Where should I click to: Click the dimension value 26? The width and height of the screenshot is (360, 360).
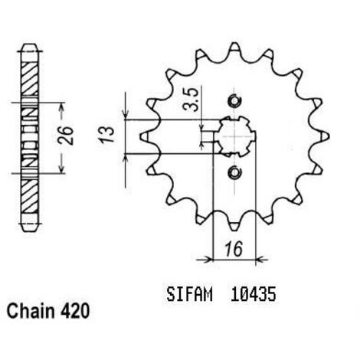(x=66, y=135)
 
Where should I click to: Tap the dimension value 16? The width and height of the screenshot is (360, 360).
(x=234, y=249)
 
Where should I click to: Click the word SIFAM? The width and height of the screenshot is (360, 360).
(x=189, y=294)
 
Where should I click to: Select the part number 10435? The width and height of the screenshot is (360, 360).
(x=254, y=294)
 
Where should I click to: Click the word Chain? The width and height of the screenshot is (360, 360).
(x=31, y=311)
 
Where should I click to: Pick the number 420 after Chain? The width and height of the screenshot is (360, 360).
(x=75, y=311)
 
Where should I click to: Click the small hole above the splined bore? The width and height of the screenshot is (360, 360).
(x=234, y=101)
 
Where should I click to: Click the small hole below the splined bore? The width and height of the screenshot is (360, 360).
(x=234, y=173)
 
